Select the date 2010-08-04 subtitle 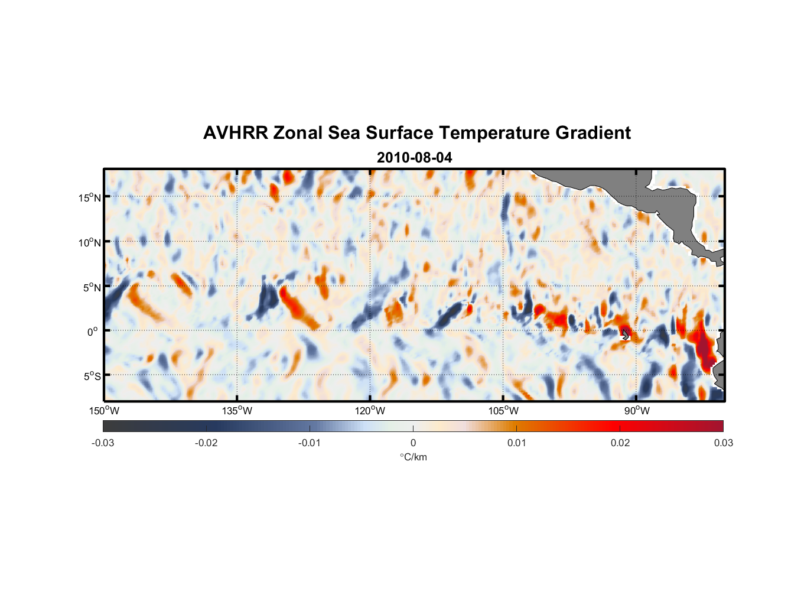[414, 158]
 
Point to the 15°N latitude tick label [90, 197]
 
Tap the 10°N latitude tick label [90, 242]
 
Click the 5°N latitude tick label [92, 287]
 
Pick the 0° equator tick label [93, 332]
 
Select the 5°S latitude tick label [92, 376]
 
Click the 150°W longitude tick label [104, 411]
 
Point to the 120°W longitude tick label [370, 411]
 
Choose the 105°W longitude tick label [503, 411]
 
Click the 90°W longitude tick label [636, 411]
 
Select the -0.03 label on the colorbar [103, 443]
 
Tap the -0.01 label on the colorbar [310, 443]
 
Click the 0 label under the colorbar [413, 443]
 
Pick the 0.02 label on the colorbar [620, 443]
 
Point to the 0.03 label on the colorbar [723, 443]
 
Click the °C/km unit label [413, 457]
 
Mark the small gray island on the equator [626, 335]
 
